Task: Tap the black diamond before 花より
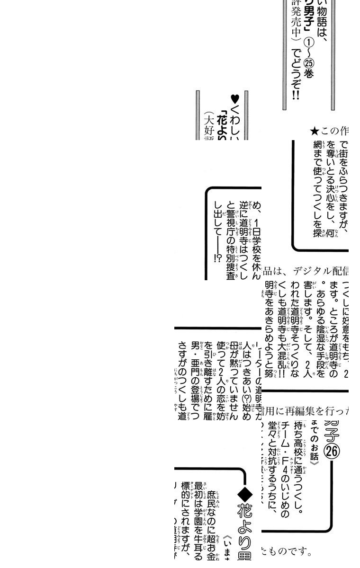click(x=245, y=495)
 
